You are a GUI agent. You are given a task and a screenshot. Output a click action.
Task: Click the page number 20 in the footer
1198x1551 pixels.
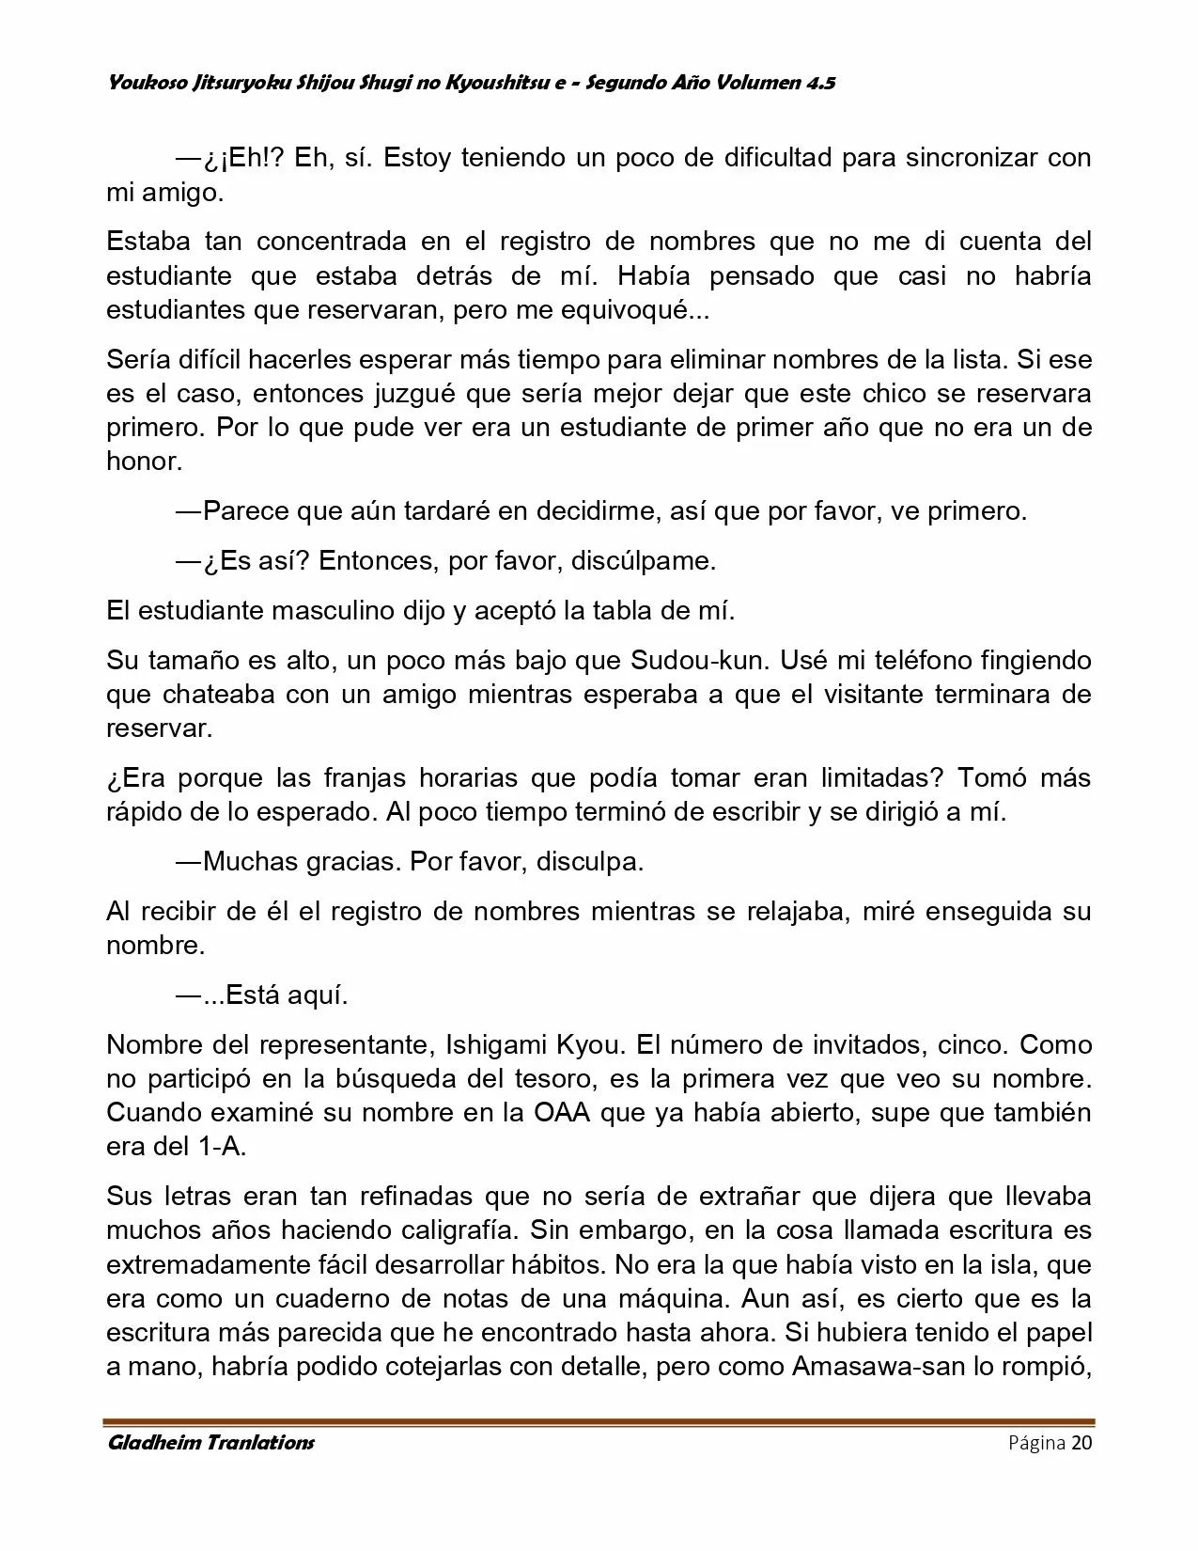pos(1081,1443)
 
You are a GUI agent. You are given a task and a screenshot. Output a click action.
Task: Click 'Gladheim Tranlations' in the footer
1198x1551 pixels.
pos(210,1443)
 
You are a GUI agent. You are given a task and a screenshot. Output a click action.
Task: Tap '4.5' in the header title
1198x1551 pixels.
pos(819,84)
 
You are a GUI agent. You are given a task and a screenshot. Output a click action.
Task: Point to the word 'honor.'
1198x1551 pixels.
pos(144,462)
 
